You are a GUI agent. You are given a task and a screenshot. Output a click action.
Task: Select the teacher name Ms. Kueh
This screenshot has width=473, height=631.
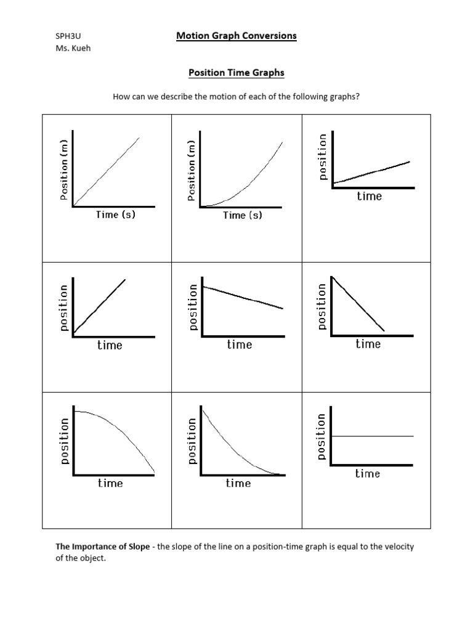(73, 49)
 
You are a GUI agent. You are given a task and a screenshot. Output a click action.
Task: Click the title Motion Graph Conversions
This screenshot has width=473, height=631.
(236, 36)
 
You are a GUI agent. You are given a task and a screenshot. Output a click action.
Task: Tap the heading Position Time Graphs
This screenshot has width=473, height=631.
(236, 73)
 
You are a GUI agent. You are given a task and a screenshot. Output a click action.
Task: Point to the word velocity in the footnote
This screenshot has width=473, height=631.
(400, 547)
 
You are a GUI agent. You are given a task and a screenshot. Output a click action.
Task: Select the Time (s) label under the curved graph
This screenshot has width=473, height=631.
(242, 215)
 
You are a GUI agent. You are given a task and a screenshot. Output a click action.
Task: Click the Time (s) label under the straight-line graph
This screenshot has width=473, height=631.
(115, 214)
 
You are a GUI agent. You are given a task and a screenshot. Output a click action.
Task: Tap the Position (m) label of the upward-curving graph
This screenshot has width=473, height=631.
(192, 170)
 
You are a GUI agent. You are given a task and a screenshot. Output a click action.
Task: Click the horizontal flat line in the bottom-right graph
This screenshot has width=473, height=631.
(373, 436)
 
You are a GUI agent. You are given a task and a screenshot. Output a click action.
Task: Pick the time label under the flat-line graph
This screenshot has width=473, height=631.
(367, 473)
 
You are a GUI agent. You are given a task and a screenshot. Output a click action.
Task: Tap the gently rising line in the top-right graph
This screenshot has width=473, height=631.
(372, 173)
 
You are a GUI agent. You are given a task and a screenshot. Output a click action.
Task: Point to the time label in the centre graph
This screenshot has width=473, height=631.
(239, 344)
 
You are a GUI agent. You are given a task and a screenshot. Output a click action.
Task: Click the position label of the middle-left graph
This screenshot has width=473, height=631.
(63, 308)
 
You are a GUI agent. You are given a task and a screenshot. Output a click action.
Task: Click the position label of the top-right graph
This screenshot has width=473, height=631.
(321, 157)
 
